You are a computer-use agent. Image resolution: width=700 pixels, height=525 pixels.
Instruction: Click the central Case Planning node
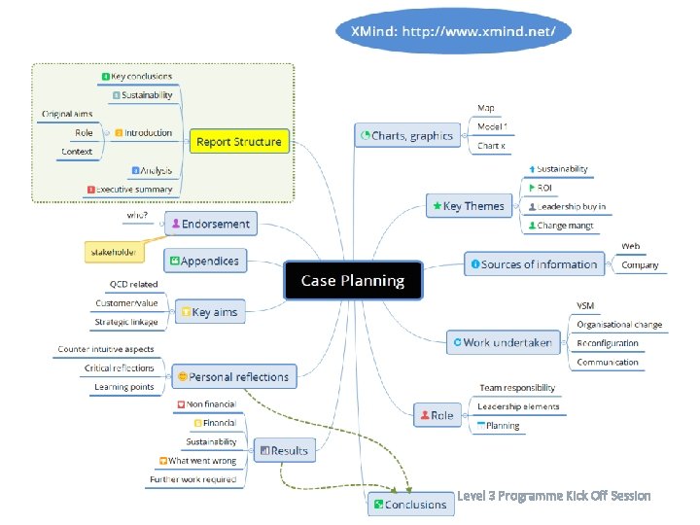point(353,280)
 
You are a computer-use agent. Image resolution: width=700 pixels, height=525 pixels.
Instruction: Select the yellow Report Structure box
point(239,142)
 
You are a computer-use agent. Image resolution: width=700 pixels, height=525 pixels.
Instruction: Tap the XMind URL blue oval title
point(452,31)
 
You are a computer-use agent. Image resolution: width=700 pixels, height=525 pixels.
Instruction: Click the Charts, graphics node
point(406,136)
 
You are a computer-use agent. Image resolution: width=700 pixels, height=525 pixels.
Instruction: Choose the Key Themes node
point(469,206)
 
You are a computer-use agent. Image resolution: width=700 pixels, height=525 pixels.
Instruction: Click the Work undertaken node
point(501,341)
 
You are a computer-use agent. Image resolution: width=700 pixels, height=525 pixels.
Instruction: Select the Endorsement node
point(210,224)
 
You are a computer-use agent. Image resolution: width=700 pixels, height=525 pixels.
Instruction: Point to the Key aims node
point(209,312)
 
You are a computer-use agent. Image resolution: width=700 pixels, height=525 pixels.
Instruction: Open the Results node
point(283,450)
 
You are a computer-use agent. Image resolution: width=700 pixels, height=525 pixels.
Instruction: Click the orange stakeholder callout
point(113,253)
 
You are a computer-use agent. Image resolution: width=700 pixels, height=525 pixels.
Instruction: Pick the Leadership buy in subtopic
point(570,206)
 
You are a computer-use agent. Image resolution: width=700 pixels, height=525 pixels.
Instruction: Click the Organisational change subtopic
point(619,325)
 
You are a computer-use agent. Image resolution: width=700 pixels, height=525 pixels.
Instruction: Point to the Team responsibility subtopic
point(517,388)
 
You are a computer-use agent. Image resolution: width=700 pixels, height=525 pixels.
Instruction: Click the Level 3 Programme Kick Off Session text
point(554,496)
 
